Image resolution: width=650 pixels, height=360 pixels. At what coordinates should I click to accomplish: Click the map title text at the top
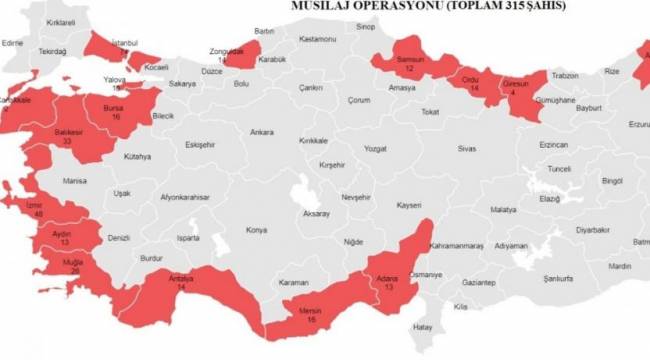[427, 6]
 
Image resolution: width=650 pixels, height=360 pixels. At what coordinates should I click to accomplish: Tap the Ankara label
[262, 132]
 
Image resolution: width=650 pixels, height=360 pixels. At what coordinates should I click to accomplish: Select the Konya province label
[257, 228]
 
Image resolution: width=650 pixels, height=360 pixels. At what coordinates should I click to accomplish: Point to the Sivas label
[466, 148]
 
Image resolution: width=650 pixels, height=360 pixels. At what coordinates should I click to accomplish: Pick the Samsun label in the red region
[411, 60]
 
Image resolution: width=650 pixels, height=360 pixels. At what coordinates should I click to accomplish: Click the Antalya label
[180, 278]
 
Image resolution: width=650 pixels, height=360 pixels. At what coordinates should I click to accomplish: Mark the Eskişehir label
[200, 145]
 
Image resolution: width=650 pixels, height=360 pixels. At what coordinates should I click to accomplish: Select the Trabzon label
[566, 76]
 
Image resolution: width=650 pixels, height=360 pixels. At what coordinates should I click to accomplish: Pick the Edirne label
[13, 44]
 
